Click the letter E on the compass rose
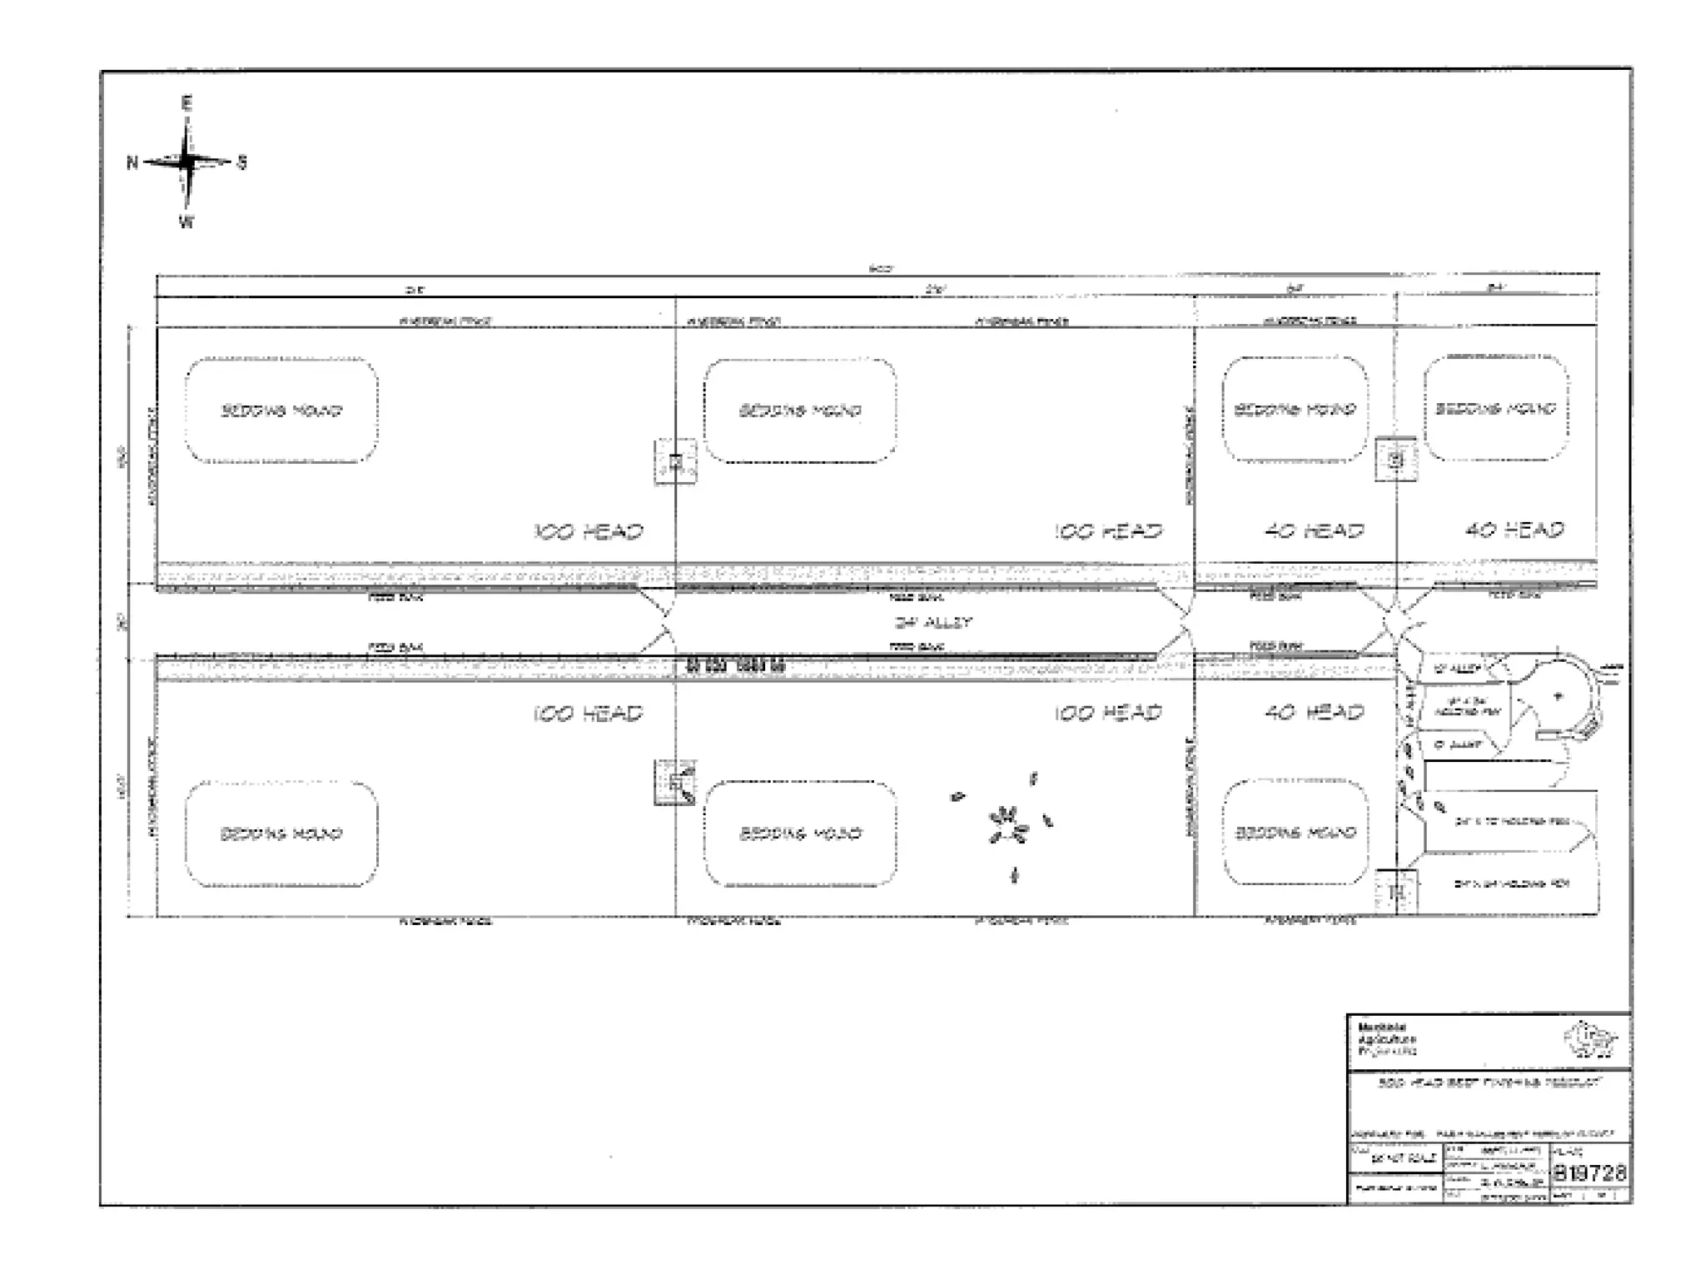coord(186,104)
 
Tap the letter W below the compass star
coord(186,222)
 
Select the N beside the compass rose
coord(132,162)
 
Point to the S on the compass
coord(242,162)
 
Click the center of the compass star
coord(187,162)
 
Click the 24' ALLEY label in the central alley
coord(932,622)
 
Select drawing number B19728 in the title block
coord(1589,1173)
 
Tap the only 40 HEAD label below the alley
coord(1315,713)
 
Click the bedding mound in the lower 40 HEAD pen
coord(1295,833)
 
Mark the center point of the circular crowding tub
coord(1558,696)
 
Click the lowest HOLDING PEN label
coord(1511,883)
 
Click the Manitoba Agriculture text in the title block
coord(1380,1040)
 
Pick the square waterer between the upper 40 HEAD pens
coord(1396,459)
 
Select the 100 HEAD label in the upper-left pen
coord(589,531)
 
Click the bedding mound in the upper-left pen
coord(281,411)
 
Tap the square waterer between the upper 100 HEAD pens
coord(675,461)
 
